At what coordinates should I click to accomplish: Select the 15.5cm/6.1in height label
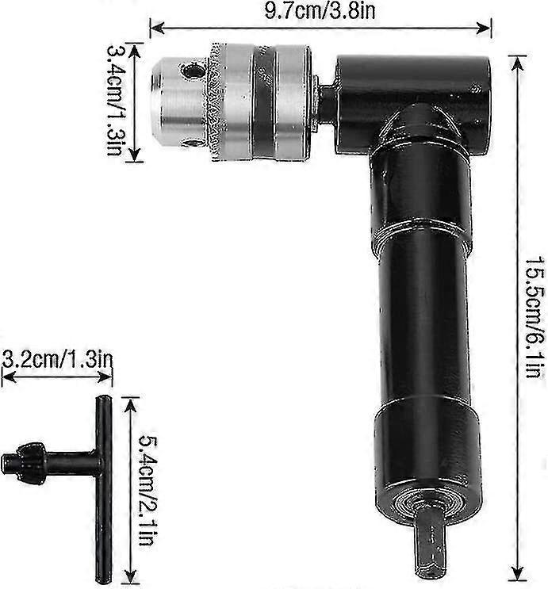pyautogui.click(x=532, y=316)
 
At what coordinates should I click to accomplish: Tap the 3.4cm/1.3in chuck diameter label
pyautogui.click(x=116, y=101)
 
